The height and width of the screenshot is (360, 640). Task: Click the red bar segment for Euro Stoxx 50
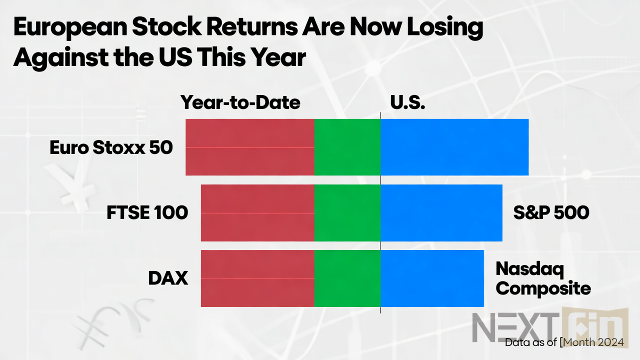pyautogui.click(x=249, y=147)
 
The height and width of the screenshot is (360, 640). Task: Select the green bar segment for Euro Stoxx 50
pyautogui.click(x=347, y=147)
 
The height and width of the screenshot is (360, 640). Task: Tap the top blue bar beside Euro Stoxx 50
pyautogui.click(x=454, y=147)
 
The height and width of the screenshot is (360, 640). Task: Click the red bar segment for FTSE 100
pyautogui.click(x=257, y=213)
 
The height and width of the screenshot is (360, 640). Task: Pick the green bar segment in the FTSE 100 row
pyautogui.click(x=347, y=213)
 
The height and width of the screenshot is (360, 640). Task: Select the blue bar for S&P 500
pyautogui.click(x=441, y=213)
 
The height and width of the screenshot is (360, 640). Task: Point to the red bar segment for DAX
pyautogui.click(x=257, y=278)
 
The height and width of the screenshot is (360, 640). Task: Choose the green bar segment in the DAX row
pyautogui.click(x=347, y=278)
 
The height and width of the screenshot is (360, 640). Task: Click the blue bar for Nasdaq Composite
pyautogui.click(x=432, y=278)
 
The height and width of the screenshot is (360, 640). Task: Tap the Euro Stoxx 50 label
pyautogui.click(x=111, y=147)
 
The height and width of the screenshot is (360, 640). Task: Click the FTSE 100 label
pyautogui.click(x=147, y=213)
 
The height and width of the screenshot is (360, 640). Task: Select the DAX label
pyautogui.click(x=168, y=278)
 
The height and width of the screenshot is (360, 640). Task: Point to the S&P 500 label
pyautogui.click(x=551, y=213)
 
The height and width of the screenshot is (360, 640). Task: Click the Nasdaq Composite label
pyautogui.click(x=543, y=279)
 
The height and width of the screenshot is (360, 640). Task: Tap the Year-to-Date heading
pyautogui.click(x=240, y=102)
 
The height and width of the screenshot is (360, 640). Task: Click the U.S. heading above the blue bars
pyautogui.click(x=407, y=102)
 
